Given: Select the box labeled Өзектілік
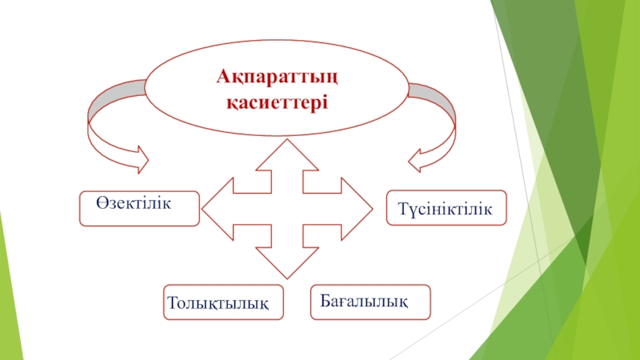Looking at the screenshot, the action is point(139,208).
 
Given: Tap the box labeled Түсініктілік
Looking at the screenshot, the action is point(446,208).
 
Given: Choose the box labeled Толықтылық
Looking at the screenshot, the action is point(223,302).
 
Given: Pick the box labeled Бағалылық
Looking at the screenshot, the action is point(370,301).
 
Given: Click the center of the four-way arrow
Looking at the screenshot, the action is point(287,209).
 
